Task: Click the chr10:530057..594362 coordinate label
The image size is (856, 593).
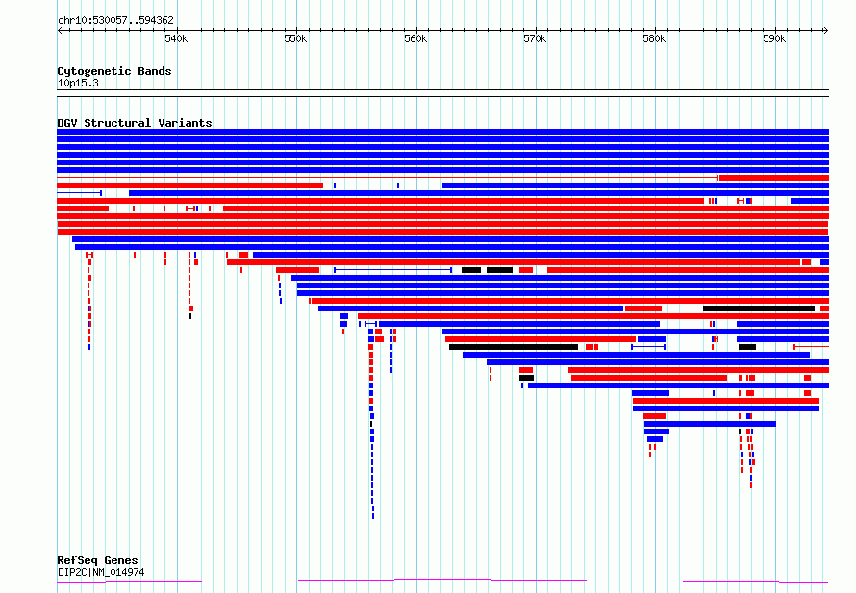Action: click(115, 20)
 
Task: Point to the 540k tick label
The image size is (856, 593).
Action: click(176, 38)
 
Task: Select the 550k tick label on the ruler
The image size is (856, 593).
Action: click(295, 38)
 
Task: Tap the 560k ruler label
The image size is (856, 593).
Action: click(415, 38)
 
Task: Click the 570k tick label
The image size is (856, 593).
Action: click(535, 38)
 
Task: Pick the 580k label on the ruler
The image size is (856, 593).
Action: click(654, 38)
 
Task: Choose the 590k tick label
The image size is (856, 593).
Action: click(774, 38)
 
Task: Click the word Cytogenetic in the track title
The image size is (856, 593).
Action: click(94, 71)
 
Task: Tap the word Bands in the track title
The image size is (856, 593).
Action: click(155, 71)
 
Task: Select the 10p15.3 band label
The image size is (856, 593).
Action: click(78, 83)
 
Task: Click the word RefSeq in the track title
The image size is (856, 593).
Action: click(77, 561)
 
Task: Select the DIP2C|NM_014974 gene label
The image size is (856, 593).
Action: click(101, 572)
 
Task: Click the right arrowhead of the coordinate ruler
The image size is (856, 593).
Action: click(826, 31)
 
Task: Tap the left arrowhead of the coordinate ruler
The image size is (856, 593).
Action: click(59, 31)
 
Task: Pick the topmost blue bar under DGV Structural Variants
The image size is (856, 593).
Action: click(442, 132)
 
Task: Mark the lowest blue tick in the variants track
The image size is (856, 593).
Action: click(373, 516)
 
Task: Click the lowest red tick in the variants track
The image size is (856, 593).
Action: click(751, 485)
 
